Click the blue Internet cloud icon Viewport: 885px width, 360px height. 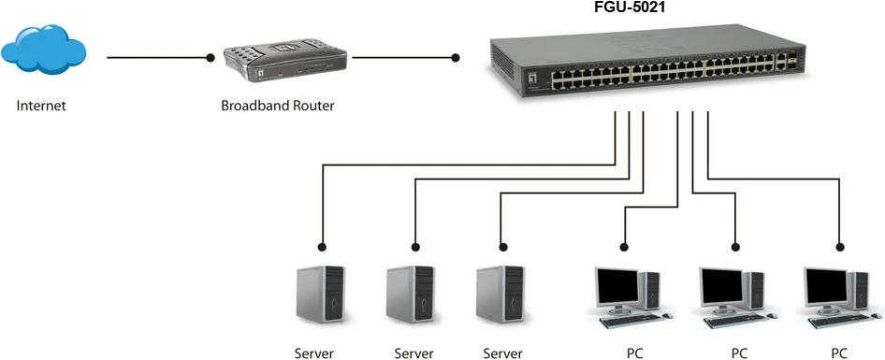tap(45, 53)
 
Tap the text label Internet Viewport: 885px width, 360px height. tap(41, 106)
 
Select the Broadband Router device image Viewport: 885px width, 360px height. tap(284, 63)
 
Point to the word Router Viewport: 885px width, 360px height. tap(313, 106)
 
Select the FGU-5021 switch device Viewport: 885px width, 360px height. tap(646, 65)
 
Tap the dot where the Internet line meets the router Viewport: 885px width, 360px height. tap(211, 58)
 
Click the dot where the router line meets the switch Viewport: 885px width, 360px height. tap(456, 58)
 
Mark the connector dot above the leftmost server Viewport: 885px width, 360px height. tap(322, 247)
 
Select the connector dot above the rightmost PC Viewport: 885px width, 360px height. tap(839, 247)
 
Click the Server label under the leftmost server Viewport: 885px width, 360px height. tap(313, 353)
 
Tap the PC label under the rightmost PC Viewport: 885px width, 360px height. tap(840, 353)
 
